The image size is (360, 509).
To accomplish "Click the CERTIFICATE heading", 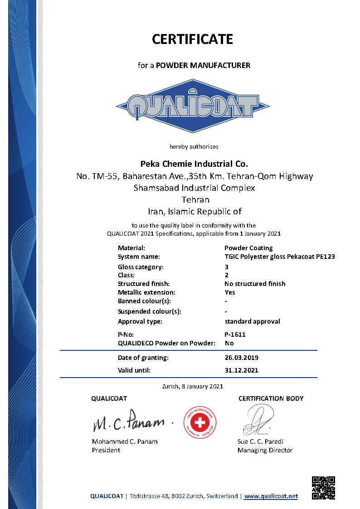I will (192, 39).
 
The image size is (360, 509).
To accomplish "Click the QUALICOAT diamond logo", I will (193, 106).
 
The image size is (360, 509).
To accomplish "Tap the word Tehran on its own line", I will (195, 199).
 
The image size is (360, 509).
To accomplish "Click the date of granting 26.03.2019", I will (241, 358).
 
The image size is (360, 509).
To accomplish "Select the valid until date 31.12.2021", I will (241, 370).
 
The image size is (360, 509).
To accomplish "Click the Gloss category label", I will (141, 267).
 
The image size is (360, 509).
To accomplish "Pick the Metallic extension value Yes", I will (229, 292).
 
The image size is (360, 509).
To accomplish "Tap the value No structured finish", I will (255, 284).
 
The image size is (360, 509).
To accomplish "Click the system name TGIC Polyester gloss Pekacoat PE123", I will (279, 257).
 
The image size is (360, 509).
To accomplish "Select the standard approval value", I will (252, 321).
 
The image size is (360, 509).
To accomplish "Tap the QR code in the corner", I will (324, 488).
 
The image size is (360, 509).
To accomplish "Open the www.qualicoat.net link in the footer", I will (271, 496).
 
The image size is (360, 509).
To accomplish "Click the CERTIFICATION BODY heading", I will (271, 398).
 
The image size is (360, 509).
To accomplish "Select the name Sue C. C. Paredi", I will (260, 441).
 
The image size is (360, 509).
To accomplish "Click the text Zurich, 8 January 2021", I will (192, 387).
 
